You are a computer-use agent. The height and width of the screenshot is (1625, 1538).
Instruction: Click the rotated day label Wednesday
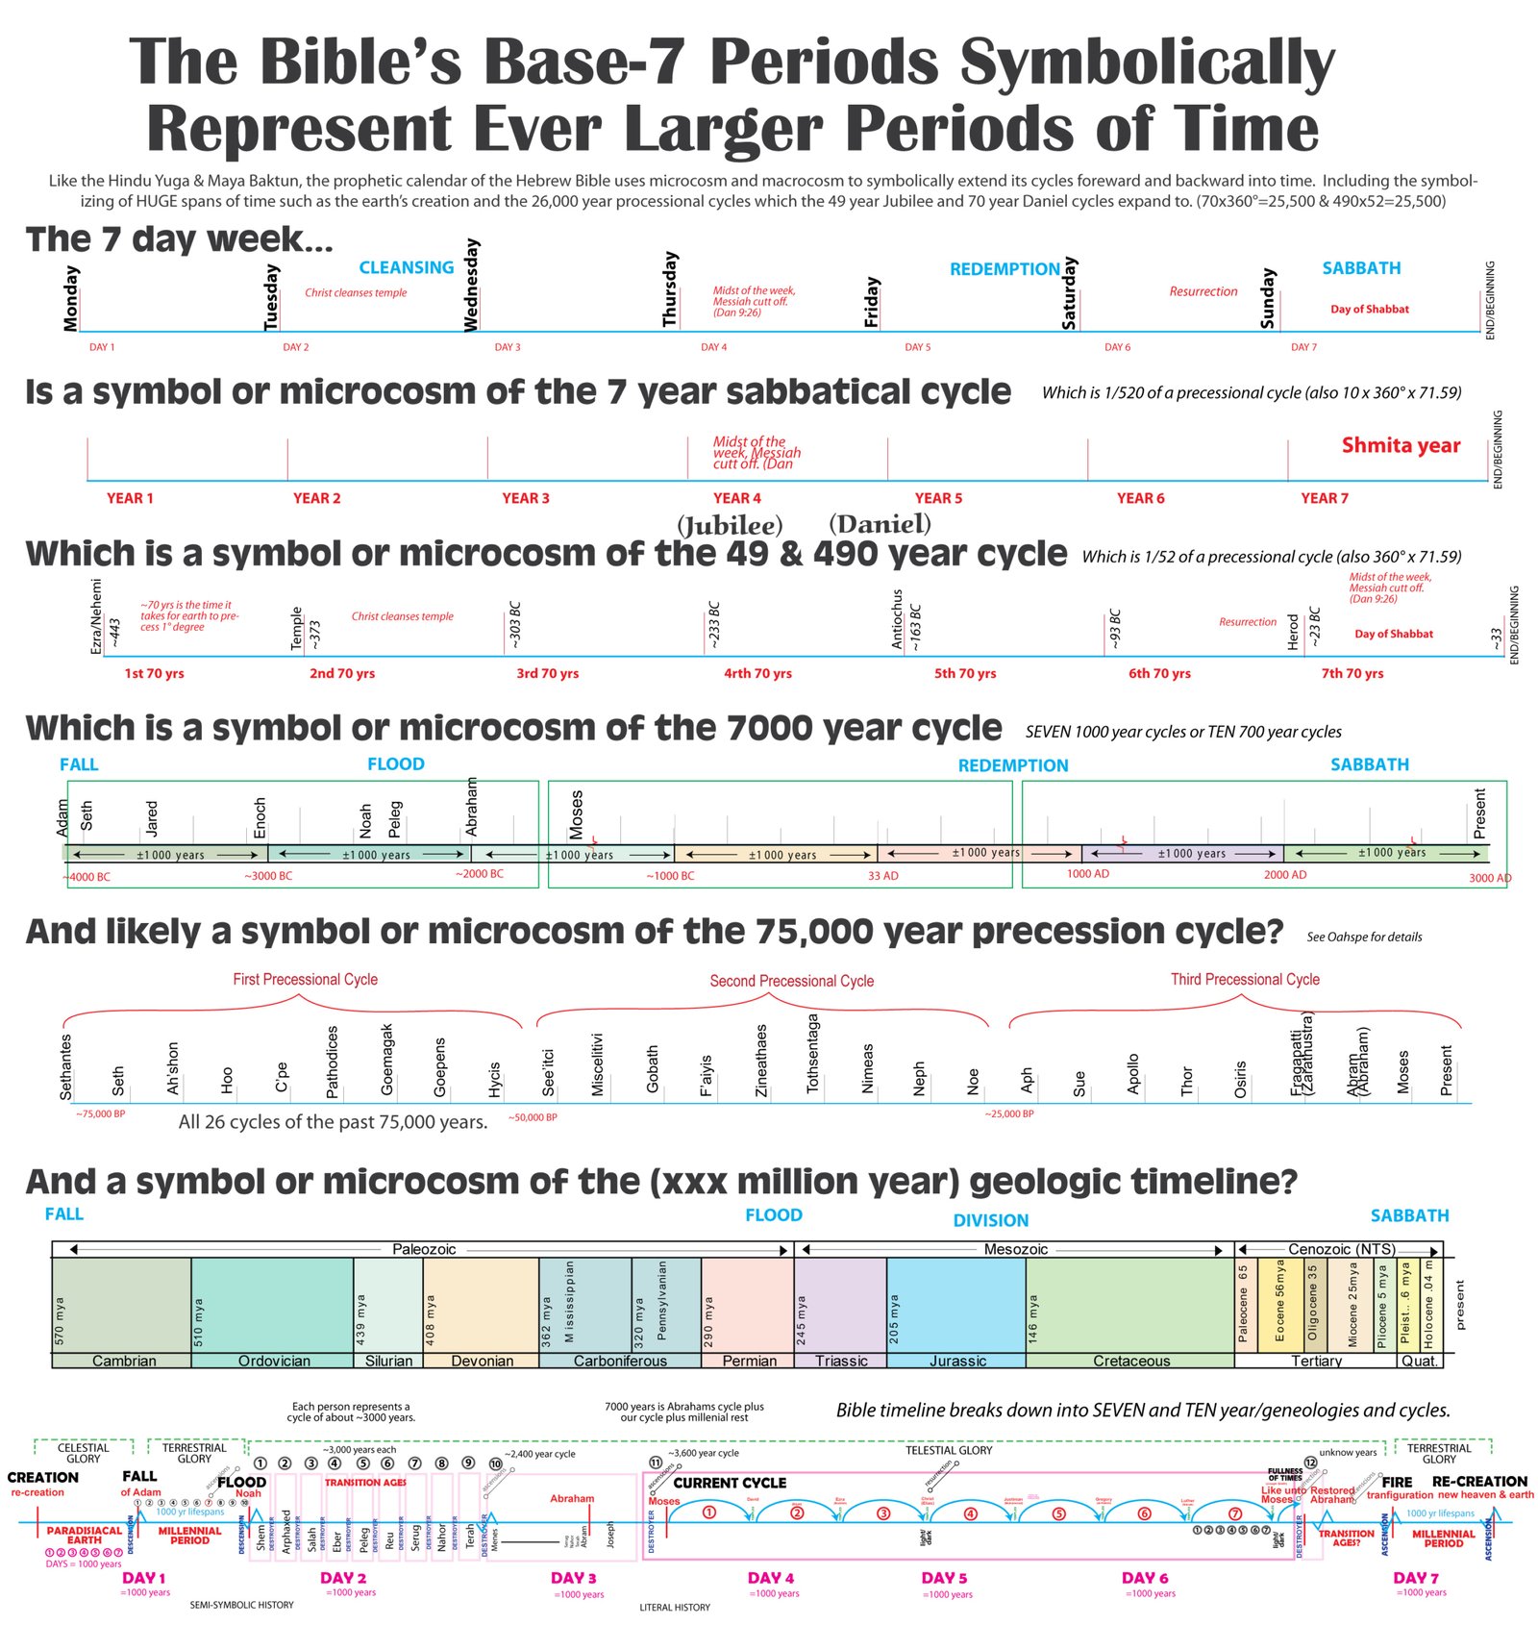click(x=471, y=286)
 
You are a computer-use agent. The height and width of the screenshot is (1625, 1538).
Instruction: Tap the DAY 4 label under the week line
click(x=713, y=347)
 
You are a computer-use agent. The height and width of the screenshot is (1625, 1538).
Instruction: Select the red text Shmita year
click(x=1401, y=445)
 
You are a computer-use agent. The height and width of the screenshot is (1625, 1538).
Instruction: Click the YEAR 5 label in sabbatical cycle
click(x=938, y=498)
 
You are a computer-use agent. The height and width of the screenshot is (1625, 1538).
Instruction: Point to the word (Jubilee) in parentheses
click(x=730, y=525)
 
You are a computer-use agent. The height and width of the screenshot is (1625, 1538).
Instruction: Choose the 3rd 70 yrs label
click(x=547, y=673)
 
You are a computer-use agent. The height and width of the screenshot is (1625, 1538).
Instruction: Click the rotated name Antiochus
click(x=897, y=619)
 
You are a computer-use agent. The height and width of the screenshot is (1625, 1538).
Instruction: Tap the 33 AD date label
click(x=882, y=876)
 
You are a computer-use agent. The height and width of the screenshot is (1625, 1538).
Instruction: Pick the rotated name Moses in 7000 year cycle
click(x=576, y=813)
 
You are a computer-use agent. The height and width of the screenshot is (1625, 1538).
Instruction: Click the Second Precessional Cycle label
click(x=791, y=981)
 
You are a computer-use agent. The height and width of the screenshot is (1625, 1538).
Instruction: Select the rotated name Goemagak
click(x=387, y=1059)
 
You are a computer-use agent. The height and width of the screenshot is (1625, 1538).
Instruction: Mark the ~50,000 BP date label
click(x=533, y=1117)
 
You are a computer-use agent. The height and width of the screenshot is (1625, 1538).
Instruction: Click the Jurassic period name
click(x=957, y=1361)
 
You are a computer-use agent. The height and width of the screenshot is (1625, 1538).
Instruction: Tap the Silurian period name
click(x=388, y=1361)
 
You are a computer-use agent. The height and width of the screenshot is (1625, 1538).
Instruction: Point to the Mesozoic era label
click(x=1015, y=1249)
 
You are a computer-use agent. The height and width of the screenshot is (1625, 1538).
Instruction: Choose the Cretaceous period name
click(x=1131, y=1361)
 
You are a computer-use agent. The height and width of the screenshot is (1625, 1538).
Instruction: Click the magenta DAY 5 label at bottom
click(x=944, y=1578)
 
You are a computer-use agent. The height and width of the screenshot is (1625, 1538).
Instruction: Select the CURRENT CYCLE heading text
click(x=730, y=1483)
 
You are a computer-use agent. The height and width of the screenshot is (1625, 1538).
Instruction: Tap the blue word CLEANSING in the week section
click(x=406, y=267)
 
